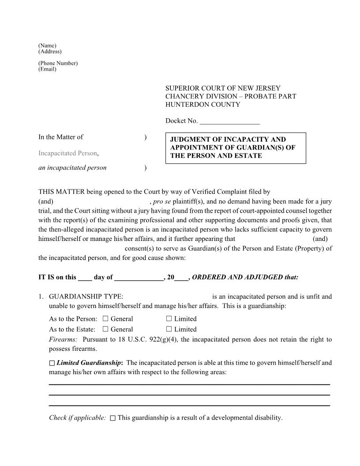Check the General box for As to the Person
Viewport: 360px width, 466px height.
coord(105,319)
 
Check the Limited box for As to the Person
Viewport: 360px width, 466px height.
coord(169,319)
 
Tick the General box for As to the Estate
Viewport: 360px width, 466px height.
coord(105,329)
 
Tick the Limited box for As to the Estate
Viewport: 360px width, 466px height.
coord(169,329)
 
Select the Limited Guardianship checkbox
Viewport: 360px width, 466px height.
coord(52,363)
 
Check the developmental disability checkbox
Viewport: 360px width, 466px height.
coord(112,418)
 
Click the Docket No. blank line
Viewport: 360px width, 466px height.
coord(229,121)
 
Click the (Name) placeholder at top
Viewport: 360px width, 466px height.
coord(47,46)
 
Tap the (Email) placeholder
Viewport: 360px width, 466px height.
coord(47,69)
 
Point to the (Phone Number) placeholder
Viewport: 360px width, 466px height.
coord(58,63)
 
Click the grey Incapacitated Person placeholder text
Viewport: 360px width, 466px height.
coord(67,153)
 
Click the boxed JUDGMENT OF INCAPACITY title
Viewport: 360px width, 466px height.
coord(235,148)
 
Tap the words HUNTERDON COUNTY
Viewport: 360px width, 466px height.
coord(202,105)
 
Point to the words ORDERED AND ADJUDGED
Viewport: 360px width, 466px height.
coord(245,278)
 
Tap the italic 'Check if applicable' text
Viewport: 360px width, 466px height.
coord(77,417)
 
